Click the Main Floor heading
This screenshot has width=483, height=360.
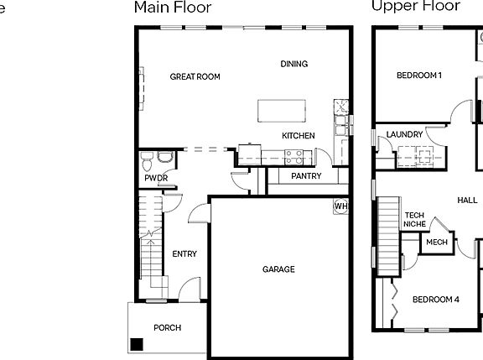(173, 8)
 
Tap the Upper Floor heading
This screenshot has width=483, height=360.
(415, 7)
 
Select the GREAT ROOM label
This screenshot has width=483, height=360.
(195, 77)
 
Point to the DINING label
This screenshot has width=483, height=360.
(294, 64)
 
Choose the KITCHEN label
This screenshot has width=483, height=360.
(299, 136)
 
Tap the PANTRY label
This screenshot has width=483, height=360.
(306, 177)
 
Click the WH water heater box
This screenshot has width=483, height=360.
(341, 206)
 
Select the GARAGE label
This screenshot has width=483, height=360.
(278, 269)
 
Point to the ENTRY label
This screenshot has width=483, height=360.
(184, 254)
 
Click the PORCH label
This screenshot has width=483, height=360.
(167, 328)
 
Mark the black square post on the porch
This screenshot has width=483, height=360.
(135, 343)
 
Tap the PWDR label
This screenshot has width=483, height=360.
(156, 179)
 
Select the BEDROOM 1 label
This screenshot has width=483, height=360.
(419, 76)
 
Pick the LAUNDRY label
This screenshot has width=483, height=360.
(404, 134)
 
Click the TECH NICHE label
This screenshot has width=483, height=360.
(414, 220)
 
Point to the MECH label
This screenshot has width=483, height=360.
(436, 243)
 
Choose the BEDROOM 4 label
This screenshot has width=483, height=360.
(436, 300)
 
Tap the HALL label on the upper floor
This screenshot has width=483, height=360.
(467, 201)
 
